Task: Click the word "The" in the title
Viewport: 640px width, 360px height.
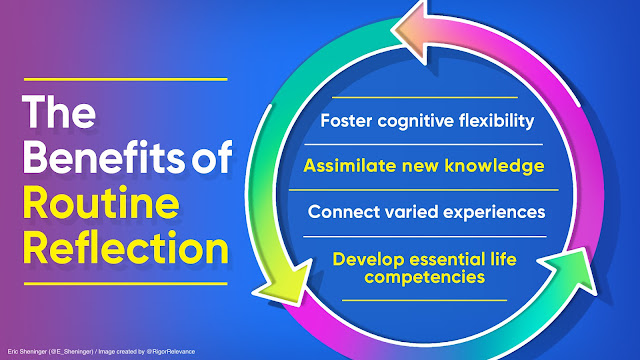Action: [x=59, y=112]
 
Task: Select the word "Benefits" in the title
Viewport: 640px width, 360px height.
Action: [x=104, y=158]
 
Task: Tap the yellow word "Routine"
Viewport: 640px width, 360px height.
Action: [x=101, y=203]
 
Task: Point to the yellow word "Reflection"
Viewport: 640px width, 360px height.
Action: [x=125, y=248]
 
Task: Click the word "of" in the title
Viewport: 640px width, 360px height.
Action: [x=212, y=158]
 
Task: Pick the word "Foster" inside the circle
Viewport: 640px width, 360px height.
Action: [x=346, y=121]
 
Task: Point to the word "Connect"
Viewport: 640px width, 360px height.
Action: [x=344, y=212]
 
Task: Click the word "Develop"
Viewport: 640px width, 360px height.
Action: [x=369, y=260]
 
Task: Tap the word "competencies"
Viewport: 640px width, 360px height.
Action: [x=424, y=278]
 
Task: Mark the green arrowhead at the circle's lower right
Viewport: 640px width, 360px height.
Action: [x=569, y=269]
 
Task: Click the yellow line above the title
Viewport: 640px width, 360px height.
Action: [x=125, y=79]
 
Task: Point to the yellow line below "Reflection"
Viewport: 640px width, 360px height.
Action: [x=125, y=283]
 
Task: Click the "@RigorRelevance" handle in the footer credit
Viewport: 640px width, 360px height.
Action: [x=171, y=351]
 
